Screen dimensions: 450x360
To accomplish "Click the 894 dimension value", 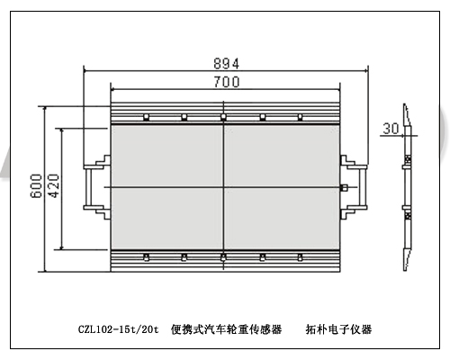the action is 227,64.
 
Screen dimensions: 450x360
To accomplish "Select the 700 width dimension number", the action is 227,82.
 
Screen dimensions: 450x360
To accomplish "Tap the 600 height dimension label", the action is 37,185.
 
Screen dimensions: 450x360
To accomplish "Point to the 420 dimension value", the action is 54,185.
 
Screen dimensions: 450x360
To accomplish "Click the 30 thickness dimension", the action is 391,129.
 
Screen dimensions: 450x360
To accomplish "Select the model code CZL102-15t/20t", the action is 118,329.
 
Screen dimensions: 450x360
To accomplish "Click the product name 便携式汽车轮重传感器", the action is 226,329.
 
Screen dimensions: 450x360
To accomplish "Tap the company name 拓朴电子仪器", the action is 338,329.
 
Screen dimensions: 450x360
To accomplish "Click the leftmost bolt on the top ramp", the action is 146,117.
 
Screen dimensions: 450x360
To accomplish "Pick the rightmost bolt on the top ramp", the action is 300,117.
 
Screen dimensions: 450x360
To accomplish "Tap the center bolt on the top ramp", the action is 223,117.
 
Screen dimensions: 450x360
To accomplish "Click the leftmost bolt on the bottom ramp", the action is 146,257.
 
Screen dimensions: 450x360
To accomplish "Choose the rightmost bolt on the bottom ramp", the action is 300,257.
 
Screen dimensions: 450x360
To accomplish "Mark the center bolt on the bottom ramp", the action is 223,257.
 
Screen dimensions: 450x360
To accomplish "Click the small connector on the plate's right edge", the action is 345,187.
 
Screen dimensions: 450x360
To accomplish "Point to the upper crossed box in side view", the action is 408,158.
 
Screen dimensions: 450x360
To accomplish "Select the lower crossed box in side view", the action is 408,216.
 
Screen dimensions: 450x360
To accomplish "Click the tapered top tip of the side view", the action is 405,104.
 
